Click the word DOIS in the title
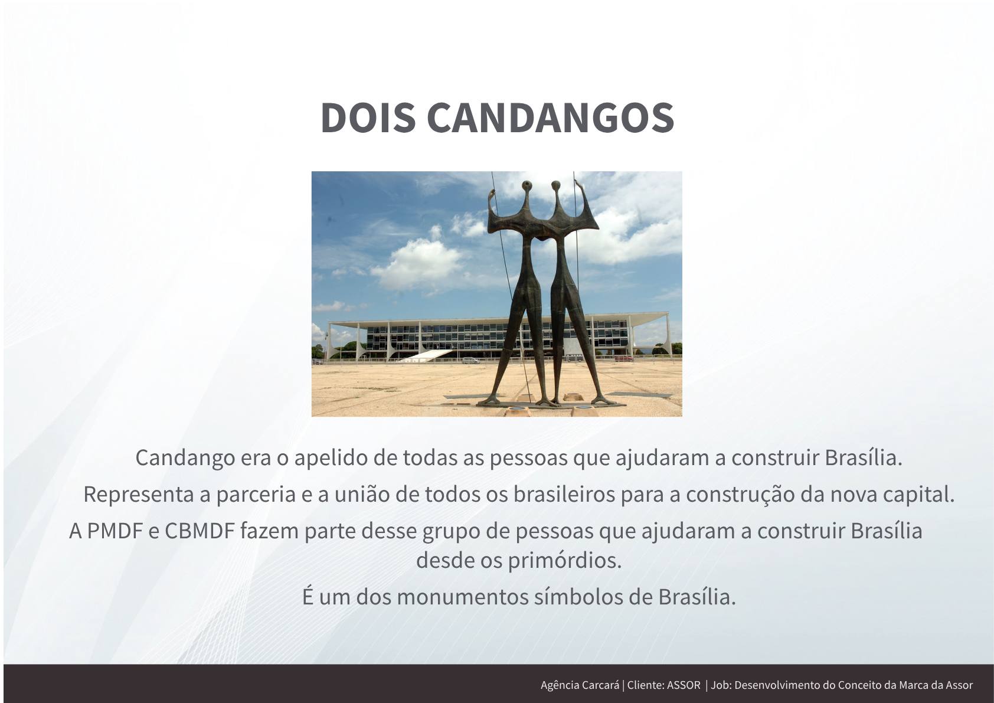(368, 117)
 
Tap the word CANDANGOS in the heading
(550, 117)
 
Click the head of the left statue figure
(527, 185)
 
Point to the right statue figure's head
(555, 185)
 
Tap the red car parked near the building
(624, 358)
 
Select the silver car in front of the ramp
(471, 361)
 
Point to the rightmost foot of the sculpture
(604, 401)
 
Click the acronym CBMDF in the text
(200, 531)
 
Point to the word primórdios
(564, 561)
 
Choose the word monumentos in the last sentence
(462, 597)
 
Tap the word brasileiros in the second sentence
(564, 495)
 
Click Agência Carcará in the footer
(580, 685)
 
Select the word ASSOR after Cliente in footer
(684, 685)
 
